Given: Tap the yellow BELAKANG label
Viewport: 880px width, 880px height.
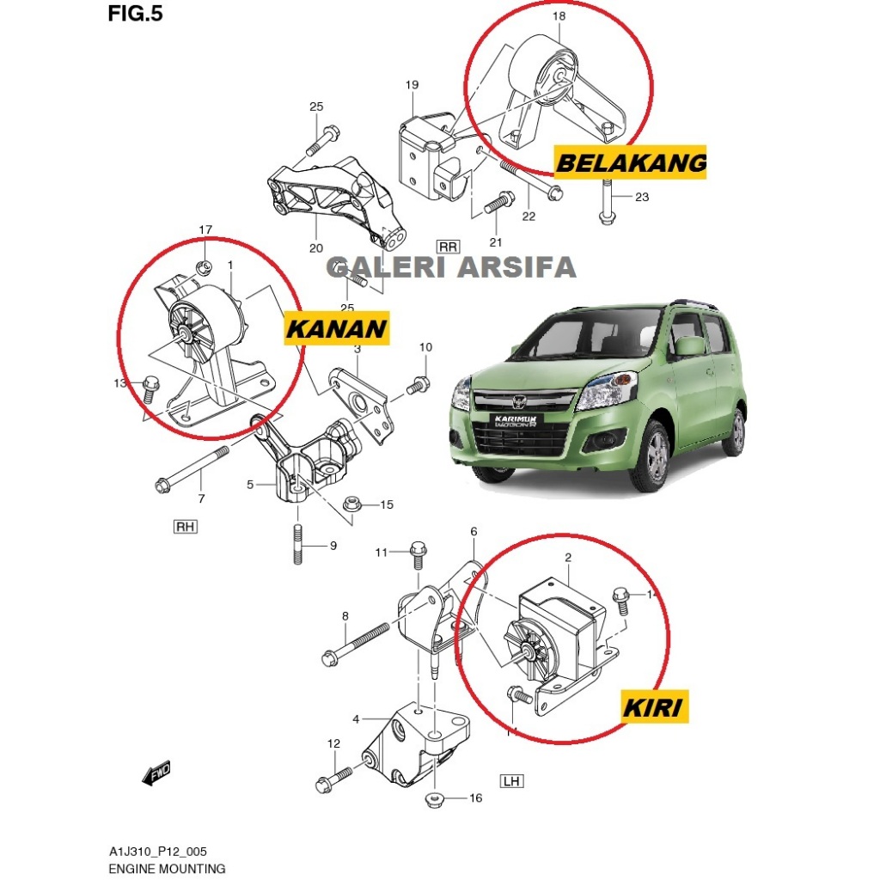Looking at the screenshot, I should pos(631,162).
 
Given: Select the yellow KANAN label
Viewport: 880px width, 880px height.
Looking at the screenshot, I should pos(336,328).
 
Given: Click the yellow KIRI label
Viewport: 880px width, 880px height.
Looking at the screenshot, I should pos(652,707).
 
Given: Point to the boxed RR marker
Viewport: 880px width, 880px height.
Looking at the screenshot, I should pos(448,247).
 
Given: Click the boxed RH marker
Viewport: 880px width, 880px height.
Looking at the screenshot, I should pos(185,527).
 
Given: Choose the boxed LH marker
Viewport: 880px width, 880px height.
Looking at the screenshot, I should pos(511,781).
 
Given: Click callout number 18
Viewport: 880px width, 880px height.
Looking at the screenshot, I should pos(558,16).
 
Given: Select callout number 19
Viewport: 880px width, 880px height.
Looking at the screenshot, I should pos(412,84).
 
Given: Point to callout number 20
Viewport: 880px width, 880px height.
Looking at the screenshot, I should pos(316,248).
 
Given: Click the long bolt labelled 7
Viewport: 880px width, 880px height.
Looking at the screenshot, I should pos(193,467).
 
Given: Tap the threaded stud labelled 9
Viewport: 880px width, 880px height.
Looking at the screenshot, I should pos(296,545).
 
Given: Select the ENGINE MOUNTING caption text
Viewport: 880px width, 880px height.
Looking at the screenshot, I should pos(167,868).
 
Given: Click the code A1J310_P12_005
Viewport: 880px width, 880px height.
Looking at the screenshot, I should pos(157,851).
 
